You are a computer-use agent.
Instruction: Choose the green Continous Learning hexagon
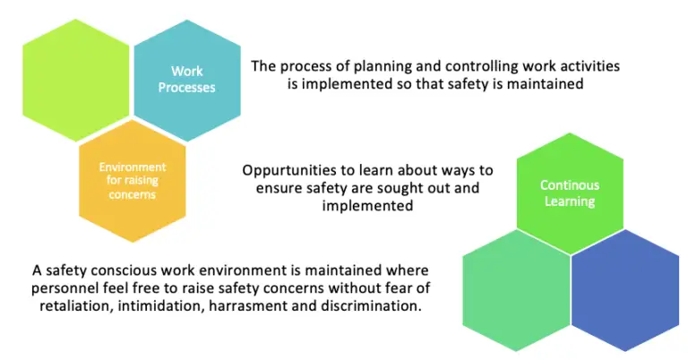[569, 193]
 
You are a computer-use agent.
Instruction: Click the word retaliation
[72, 304]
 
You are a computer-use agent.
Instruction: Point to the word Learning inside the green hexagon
[570, 201]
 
